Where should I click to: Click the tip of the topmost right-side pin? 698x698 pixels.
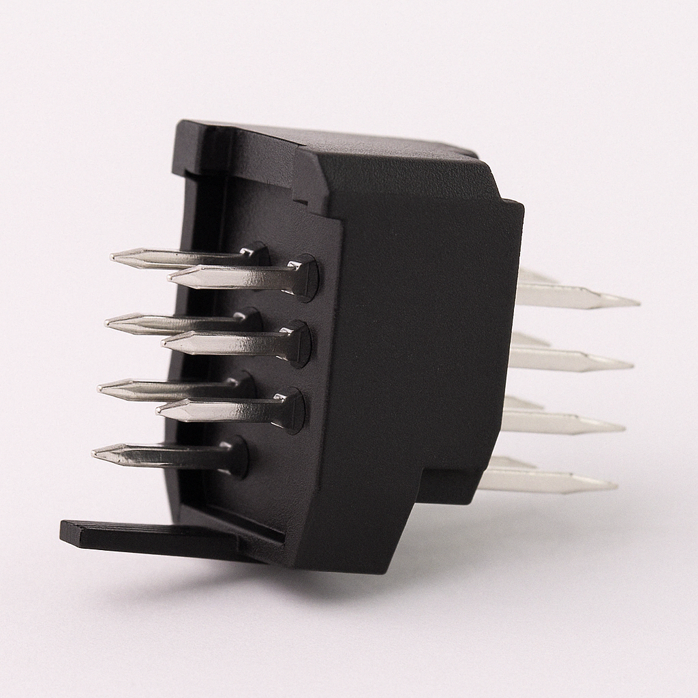(x=637, y=301)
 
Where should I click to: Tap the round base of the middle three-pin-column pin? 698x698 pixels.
(x=298, y=344)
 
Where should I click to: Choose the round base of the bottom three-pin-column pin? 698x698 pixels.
(x=291, y=411)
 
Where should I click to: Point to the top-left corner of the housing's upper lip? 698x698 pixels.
(x=181, y=123)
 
